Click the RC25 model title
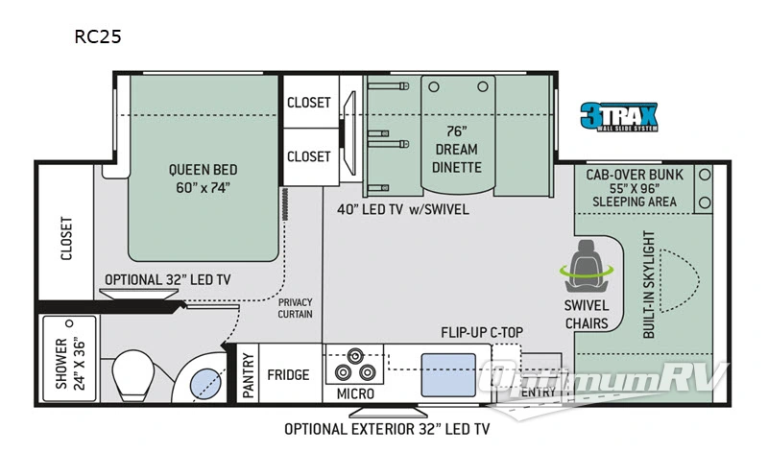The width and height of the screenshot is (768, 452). tap(98, 36)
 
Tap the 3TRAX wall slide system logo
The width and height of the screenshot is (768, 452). tap(619, 116)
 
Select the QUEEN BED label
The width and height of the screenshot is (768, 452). tap(203, 170)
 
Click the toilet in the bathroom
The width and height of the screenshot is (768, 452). tap(132, 374)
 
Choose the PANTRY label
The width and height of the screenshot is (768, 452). tap(249, 375)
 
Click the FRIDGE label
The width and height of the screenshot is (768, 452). tap(288, 375)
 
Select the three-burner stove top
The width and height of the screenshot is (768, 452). tap(354, 366)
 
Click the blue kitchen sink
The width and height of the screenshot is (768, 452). tap(448, 375)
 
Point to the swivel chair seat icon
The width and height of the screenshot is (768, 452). tap(587, 267)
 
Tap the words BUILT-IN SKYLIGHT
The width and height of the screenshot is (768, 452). tap(649, 284)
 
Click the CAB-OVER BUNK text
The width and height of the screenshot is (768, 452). tap(635, 175)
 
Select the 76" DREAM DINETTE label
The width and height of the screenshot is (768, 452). tap(457, 150)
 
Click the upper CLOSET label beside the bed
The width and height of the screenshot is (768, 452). tap(308, 103)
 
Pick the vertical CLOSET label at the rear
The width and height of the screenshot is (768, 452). tap(66, 239)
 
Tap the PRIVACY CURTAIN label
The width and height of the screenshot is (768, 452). tap(295, 308)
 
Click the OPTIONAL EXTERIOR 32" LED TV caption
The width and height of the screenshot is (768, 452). tap(387, 430)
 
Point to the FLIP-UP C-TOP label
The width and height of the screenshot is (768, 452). tap(482, 332)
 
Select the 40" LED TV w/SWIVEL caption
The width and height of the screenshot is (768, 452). tap(403, 209)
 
